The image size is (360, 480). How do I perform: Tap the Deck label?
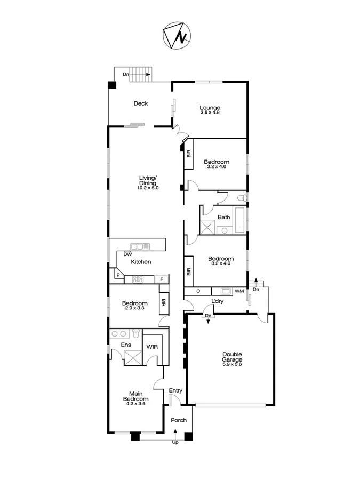(141, 103)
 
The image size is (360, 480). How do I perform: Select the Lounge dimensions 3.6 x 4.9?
(210, 113)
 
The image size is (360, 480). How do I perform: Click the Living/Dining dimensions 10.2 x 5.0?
(147, 188)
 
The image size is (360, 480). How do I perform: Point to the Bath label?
(224, 217)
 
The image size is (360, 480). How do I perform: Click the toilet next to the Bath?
(242, 198)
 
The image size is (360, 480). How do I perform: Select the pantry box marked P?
(117, 276)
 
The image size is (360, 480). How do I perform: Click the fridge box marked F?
(162, 279)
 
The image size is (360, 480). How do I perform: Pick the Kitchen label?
(141, 262)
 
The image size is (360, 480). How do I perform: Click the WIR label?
(152, 346)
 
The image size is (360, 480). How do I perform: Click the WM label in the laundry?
(238, 291)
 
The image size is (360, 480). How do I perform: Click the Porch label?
(179, 420)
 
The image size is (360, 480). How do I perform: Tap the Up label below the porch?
(174, 442)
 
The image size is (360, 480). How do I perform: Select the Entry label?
(175, 391)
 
